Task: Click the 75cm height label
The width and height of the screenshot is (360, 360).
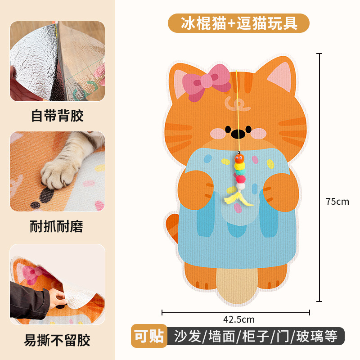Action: click(337, 201)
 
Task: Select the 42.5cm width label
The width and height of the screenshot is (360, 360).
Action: click(239, 319)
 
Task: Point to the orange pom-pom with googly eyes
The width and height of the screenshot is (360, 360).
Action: click(239, 158)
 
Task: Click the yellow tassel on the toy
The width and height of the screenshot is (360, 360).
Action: click(237, 199)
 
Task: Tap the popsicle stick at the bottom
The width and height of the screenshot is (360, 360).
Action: click(237, 285)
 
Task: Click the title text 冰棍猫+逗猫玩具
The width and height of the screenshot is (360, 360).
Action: click(239, 23)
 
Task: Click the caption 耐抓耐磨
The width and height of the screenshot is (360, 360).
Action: click(57, 226)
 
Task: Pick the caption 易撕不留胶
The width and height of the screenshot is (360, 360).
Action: click(57, 340)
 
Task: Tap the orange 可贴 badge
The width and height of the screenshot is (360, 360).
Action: click(149, 336)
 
